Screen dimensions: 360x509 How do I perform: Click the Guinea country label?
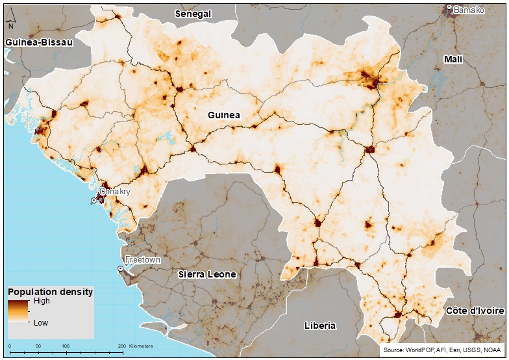pyautogui.click(x=224, y=115)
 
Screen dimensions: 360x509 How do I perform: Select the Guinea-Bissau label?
pyautogui.click(x=38, y=42)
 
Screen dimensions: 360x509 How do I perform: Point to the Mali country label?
pyautogui.click(x=453, y=59)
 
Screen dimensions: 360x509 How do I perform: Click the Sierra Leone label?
pyautogui.click(x=207, y=274)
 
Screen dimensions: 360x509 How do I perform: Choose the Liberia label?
pyautogui.click(x=319, y=325)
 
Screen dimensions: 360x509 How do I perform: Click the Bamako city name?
pyautogui.click(x=469, y=10)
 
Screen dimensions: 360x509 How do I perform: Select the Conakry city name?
pyautogui.click(x=114, y=192)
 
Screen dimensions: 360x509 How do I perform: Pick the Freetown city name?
pyautogui.click(x=143, y=259)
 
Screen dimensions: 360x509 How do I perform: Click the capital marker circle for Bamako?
pyautogui.click(x=449, y=8)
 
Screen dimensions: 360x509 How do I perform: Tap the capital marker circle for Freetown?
pyautogui.click(x=121, y=268)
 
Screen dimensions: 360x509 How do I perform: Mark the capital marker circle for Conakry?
pyautogui.click(x=94, y=201)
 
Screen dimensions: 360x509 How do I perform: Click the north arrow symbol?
pyautogui.click(x=11, y=23)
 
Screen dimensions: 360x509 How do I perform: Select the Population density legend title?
pyautogui.click(x=50, y=292)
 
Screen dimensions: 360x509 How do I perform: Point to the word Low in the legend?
pyautogui.click(x=41, y=322)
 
